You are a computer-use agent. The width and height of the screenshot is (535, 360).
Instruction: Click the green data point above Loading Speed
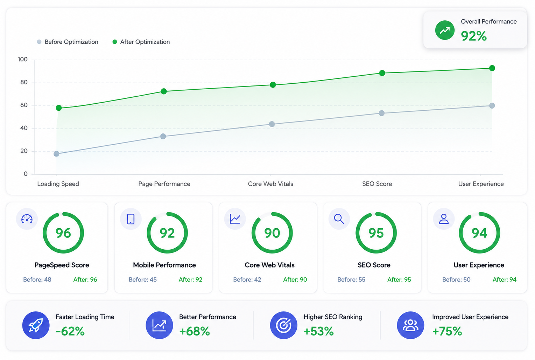point(59,108)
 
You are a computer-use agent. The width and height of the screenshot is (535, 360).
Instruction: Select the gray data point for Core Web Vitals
point(272,124)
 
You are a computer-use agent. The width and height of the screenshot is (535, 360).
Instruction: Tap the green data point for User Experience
point(492,68)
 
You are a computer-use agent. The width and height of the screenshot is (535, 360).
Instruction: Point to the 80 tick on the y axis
point(24,82)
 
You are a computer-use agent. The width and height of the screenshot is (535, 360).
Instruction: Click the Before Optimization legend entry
point(68,42)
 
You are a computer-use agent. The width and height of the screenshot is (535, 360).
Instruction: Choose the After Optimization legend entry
point(141,42)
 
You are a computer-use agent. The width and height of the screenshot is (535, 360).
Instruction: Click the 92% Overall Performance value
point(474,36)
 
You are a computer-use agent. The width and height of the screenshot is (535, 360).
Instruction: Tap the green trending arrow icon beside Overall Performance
point(445,30)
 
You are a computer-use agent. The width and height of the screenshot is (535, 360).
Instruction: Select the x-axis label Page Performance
point(164,184)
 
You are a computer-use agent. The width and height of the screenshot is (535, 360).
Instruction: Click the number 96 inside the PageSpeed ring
point(63,233)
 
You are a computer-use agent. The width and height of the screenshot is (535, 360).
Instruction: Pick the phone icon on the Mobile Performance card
point(131,219)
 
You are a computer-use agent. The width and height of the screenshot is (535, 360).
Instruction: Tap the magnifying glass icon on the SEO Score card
point(339,219)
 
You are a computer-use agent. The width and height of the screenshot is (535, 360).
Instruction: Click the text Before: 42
point(247,280)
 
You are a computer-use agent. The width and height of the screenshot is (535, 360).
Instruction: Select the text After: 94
point(505,280)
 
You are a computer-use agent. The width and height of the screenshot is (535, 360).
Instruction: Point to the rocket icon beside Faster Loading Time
point(36,325)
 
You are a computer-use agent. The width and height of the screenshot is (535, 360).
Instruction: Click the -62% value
point(70,331)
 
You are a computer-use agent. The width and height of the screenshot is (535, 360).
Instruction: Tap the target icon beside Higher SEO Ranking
point(284,325)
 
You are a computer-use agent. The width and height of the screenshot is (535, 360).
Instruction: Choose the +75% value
point(447,331)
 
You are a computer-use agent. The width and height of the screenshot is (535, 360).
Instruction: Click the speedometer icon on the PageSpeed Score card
point(27,219)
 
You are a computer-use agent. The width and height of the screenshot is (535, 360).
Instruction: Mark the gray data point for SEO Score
point(382,113)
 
